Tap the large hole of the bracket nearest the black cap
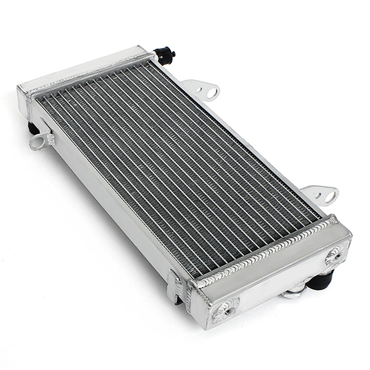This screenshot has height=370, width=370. (212, 92)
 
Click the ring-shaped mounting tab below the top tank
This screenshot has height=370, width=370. (39, 142)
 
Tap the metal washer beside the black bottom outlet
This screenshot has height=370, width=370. (292, 295)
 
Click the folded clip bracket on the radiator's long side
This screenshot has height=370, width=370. (174, 285)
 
